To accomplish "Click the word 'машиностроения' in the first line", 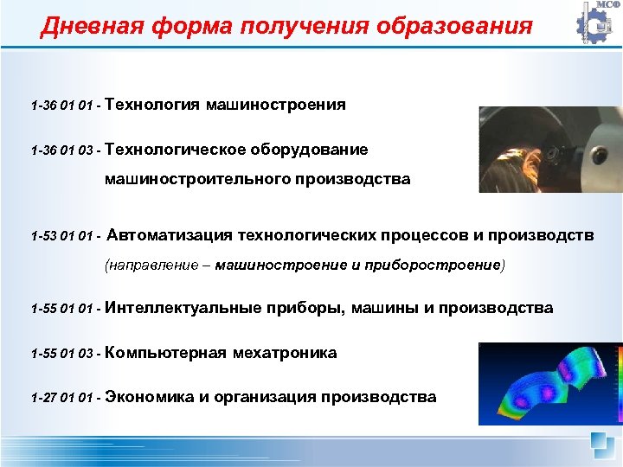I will (x=276, y=105).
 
